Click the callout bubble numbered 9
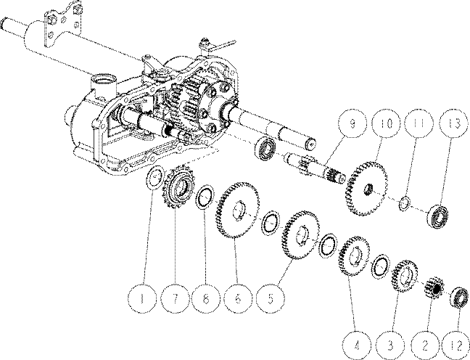pyautogui.click(x=352, y=123)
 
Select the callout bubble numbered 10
pyautogui.click(x=386, y=123)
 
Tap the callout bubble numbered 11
pyautogui.click(x=419, y=123)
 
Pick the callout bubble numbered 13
pyautogui.click(x=455, y=123)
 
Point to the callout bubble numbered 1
pyautogui.click(x=142, y=299)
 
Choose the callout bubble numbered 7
pyautogui.click(x=175, y=299)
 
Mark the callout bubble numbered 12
pyautogui.click(x=456, y=345)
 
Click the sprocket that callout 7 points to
pyautogui.click(x=178, y=187)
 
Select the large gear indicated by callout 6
pyautogui.click(x=236, y=210)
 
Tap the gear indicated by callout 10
pyautogui.click(x=366, y=189)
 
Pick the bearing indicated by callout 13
pyautogui.click(x=438, y=216)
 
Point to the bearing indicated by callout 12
pyautogui.click(x=460, y=298)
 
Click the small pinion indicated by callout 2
pyautogui.click(x=434, y=287)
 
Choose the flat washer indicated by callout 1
pyautogui.click(x=154, y=178)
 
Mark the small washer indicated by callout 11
pyautogui.click(x=404, y=203)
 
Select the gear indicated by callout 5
pyautogui.click(x=300, y=234)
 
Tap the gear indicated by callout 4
pyautogui.click(x=354, y=256)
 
